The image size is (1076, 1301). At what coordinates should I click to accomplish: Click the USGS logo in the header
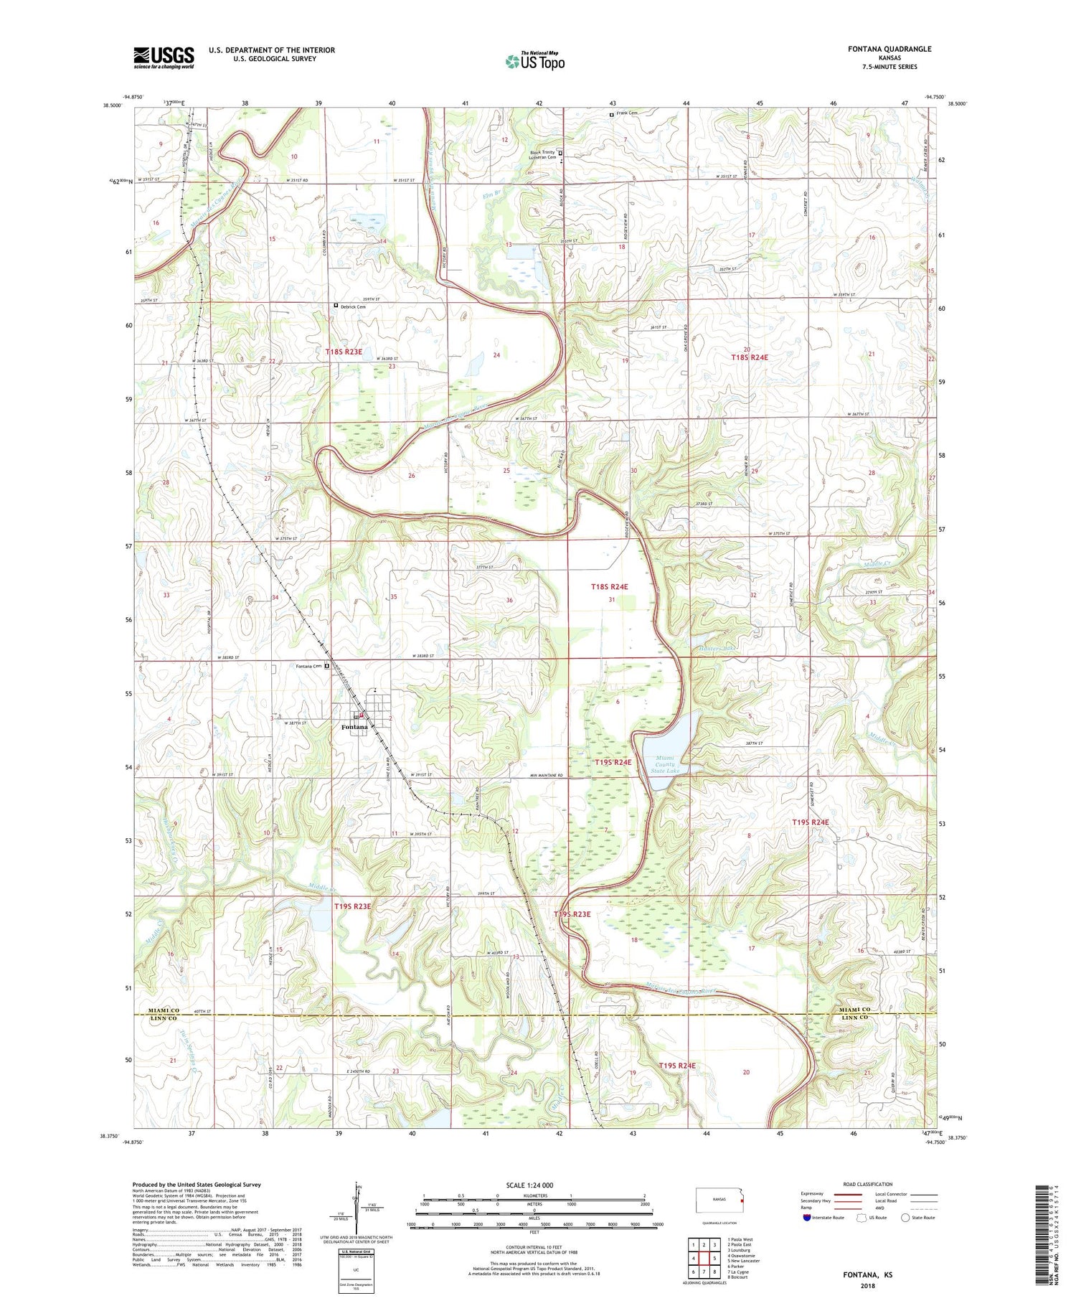(164, 57)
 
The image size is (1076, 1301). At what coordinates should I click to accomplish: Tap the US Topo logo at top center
(534, 61)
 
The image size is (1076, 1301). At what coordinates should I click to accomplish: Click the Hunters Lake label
(714, 649)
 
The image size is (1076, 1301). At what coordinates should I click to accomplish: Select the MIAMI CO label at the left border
(164, 1010)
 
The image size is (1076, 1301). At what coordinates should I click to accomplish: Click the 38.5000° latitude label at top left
(112, 105)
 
